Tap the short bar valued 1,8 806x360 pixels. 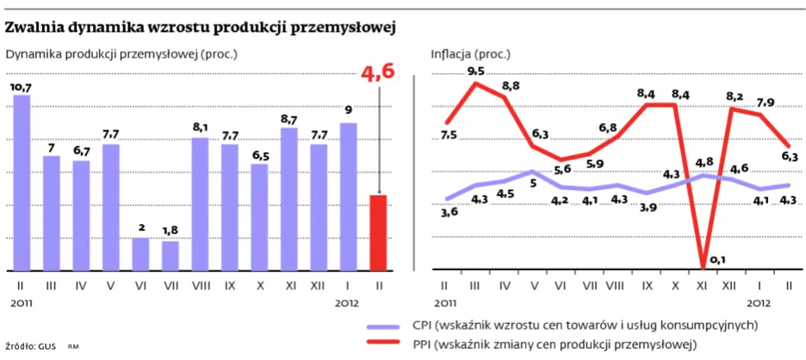170,255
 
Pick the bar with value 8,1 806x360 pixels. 200,203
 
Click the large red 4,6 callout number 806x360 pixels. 378,72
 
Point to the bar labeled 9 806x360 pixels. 349,196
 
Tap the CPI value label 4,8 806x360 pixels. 704,162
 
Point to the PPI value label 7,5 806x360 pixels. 448,135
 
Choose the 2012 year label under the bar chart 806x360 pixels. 348,303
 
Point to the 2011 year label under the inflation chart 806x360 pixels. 446,303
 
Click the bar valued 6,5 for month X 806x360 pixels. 259,216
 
